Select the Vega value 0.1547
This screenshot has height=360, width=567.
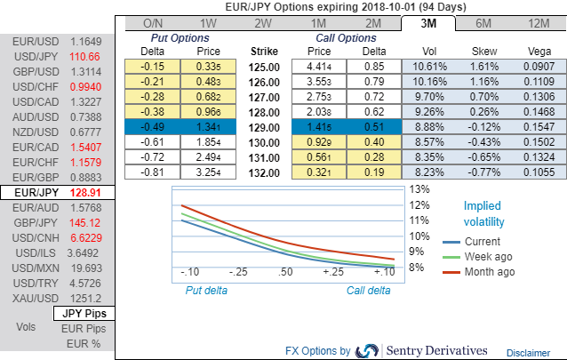pyautogui.click(x=537, y=129)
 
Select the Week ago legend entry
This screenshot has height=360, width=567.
pyautogui.click(x=488, y=256)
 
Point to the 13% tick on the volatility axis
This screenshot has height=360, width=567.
pyautogui.click(x=418, y=189)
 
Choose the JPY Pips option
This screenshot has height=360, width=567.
pyautogui.click(x=84, y=314)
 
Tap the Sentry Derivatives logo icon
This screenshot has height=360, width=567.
pyautogui.click(x=367, y=350)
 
